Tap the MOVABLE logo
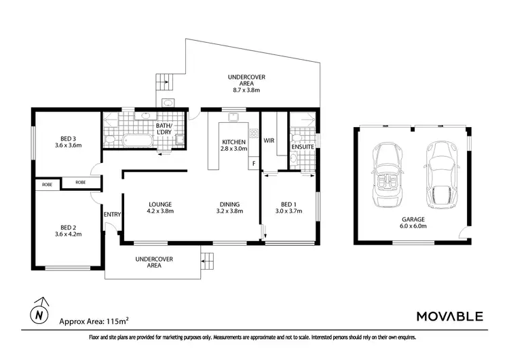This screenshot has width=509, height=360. click(x=449, y=316)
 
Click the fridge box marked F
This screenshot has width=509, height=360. click(x=254, y=164)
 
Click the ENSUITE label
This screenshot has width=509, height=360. click(x=302, y=147)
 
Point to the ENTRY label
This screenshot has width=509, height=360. click(x=111, y=215)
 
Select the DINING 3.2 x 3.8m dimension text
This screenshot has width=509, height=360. click(x=229, y=211)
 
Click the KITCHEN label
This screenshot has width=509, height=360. click(x=234, y=142)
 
